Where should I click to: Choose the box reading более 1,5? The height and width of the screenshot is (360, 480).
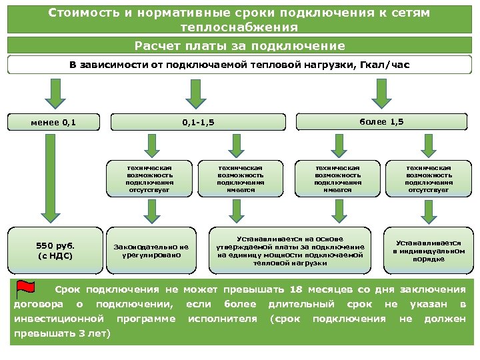click(381, 121)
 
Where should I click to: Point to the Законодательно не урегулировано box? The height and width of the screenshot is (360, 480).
click(151, 251)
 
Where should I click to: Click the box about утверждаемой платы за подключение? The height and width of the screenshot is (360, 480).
click(291, 250)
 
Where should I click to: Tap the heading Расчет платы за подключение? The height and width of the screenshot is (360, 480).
click(240, 46)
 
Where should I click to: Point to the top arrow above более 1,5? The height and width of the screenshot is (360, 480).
click(381, 93)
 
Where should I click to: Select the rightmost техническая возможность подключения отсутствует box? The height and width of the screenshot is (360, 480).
click(428, 177)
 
